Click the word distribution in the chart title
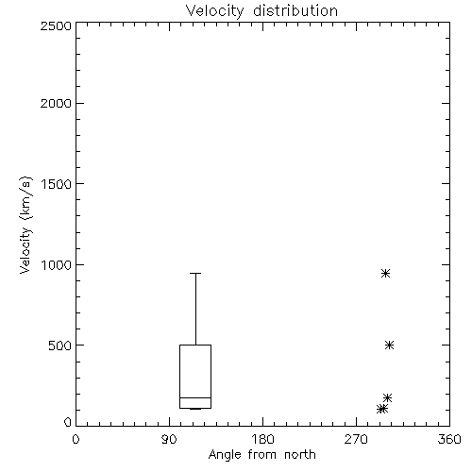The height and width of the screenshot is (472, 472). (x=295, y=11)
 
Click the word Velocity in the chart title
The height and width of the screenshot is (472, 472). (x=214, y=11)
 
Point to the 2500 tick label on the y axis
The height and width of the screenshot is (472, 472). (x=56, y=25)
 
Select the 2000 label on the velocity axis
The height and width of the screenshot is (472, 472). (x=56, y=103)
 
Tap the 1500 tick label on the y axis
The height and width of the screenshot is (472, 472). (x=57, y=184)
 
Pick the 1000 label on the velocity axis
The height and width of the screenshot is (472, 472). (x=57, y=264)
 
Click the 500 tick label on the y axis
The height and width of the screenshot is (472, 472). (x=60, y=346)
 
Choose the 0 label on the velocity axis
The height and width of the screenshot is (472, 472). (x=68, y=422)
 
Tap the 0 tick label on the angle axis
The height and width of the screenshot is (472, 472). (x=76, y=439)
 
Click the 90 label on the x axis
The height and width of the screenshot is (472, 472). (x=169, y=439)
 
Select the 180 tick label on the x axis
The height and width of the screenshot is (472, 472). (x=262, y=439)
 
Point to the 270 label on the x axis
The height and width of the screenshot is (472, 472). (x=356, y=439)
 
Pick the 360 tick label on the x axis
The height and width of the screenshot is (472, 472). (x=449, y=439)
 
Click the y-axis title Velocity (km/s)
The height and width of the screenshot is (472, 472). (x=25, y=225)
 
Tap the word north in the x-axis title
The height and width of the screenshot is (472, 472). (x=300, y=455)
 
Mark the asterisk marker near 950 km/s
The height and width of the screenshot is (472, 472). (x=385, y=273)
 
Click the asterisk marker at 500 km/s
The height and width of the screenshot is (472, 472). (x=389, y=346)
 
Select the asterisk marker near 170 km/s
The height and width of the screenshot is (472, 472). (x=387, y=397)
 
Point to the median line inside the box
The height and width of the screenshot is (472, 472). (x=195, y=397)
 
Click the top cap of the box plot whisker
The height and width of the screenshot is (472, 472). (x=195, y=273)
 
